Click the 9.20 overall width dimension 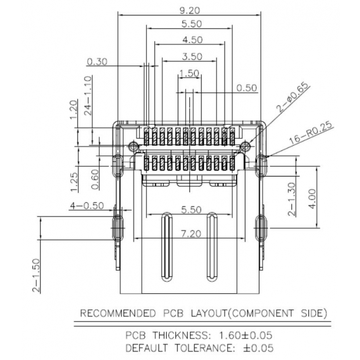tap(190, 10)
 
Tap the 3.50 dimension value tap(192, 56)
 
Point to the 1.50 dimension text tap(190, 73)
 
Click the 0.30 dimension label tap(96, 62)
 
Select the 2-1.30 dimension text tap(292, 199)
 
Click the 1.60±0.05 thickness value tap(244, 336)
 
